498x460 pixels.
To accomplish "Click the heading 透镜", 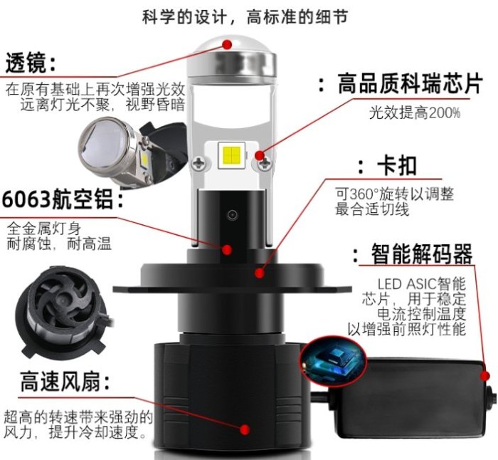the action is pos(26,63).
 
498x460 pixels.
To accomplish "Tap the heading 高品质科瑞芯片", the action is pos(410,83).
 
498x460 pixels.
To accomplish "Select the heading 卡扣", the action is pos(396,166).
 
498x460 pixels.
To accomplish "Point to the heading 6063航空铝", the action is pos(57,199).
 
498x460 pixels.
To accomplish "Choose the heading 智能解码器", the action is pos(422,254).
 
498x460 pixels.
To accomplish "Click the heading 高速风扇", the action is pos(60,381).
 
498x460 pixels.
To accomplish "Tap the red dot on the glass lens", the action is pos(227,44).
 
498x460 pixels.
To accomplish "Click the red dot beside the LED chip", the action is pos(260,155).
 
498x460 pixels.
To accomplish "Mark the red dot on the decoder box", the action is pos(485,376).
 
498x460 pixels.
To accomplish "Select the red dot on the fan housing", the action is pos(245,429).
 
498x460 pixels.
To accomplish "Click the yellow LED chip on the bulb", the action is pos(231,155).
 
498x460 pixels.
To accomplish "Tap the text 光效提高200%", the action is pos(415,113).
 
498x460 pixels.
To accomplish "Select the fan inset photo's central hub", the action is pos(63,300).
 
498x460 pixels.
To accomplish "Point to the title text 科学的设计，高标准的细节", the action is pos(245,17).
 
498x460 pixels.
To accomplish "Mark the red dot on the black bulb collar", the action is pos(260,273).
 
